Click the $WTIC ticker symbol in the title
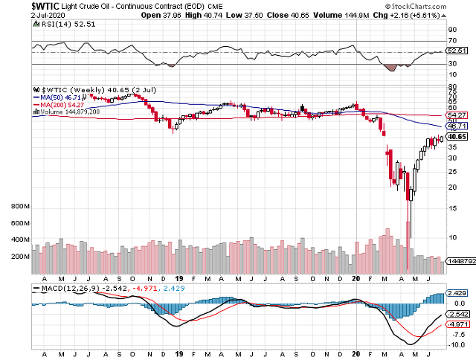(x=17, y=5)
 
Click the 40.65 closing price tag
(x=457, y=137)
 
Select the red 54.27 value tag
(x=457, y=115)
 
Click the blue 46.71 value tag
(x=457, y=126)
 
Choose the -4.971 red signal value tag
(x=457, y=325)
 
